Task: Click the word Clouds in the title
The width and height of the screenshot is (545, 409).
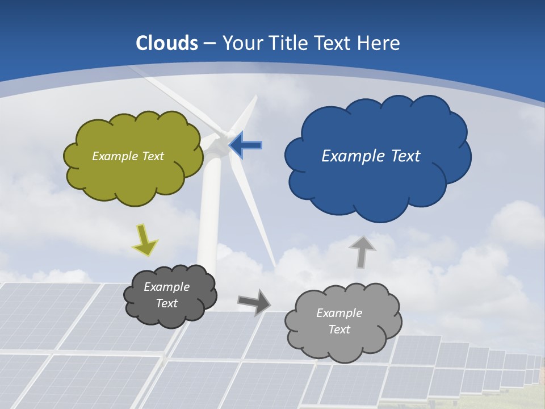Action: [x=167, y=43]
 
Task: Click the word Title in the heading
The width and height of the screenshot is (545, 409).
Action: [x=289, y=43]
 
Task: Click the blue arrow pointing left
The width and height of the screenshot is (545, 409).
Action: [x=246, y=145]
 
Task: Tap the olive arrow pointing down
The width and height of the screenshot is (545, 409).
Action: [x=145, y=239]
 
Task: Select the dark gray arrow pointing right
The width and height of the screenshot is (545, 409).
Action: [x=254, y=302]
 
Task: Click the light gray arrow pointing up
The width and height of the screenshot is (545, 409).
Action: [x=362, y=252]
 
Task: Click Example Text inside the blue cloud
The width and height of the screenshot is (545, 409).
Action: [x=371, y=156]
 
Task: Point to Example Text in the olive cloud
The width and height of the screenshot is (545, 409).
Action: [x=128, y=156]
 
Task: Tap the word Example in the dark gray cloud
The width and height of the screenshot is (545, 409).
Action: [x=166, y=287]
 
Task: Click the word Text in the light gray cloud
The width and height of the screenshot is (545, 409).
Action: [x=339, y=329]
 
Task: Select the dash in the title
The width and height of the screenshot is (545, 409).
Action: [x=209, y=44]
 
